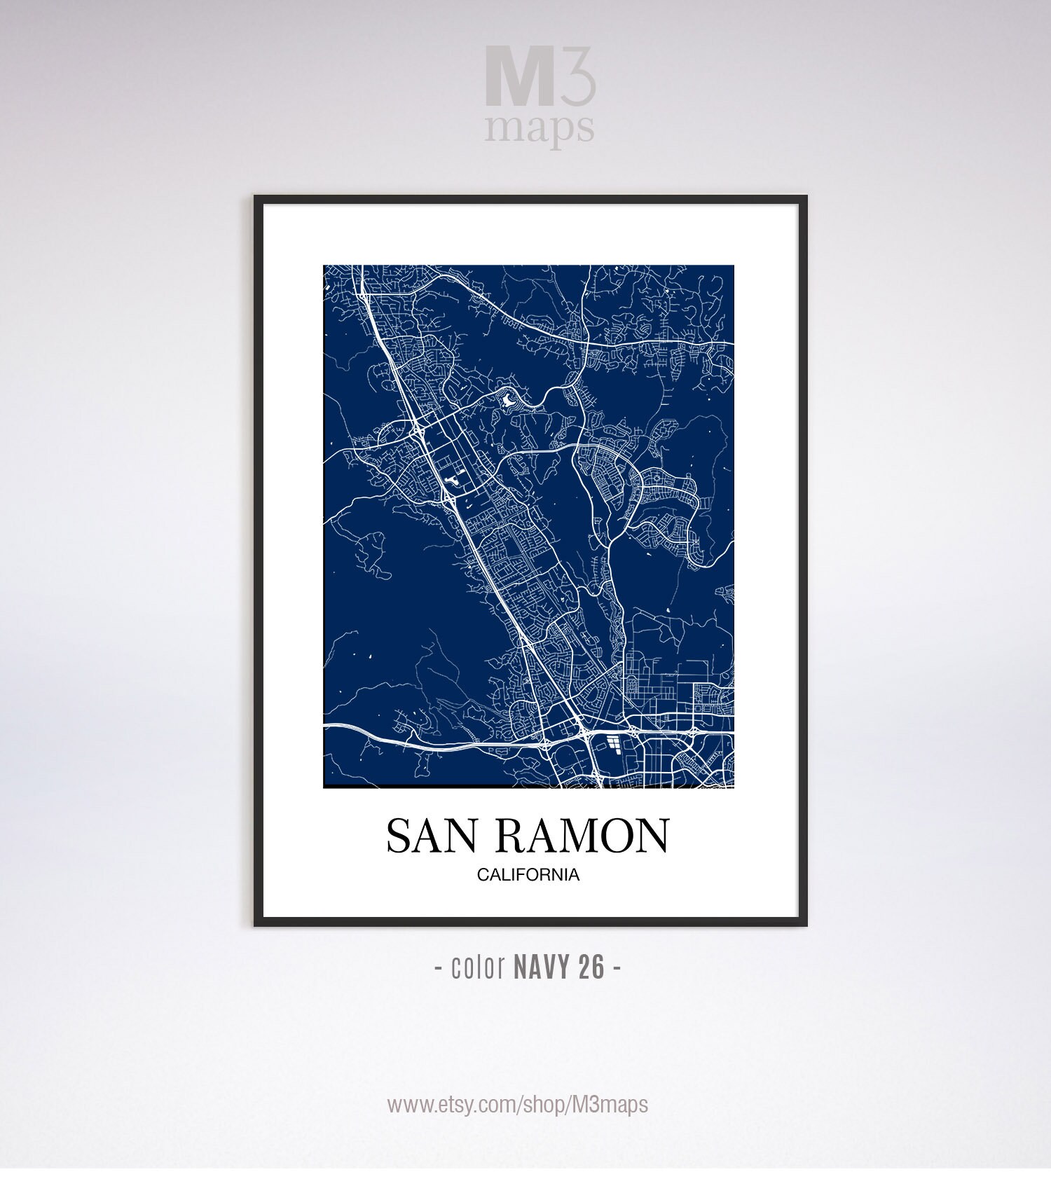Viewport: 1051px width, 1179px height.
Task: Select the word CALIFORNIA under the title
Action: [x=528, y=875]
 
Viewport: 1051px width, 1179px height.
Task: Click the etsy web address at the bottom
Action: [x=518, y=1105]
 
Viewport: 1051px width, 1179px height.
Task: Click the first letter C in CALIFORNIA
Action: [x=483, y=875]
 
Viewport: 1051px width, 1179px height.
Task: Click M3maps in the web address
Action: [x=610, y=1105]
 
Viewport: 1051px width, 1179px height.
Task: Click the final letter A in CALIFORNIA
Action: [x=574, y=875]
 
